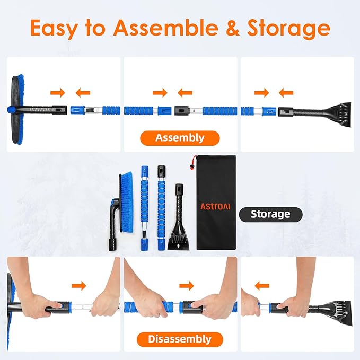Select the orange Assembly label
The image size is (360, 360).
179,138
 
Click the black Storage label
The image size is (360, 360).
270,214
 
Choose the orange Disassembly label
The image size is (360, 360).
179,339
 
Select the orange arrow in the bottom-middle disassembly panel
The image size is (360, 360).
187,286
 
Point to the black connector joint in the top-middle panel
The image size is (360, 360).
181,111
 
